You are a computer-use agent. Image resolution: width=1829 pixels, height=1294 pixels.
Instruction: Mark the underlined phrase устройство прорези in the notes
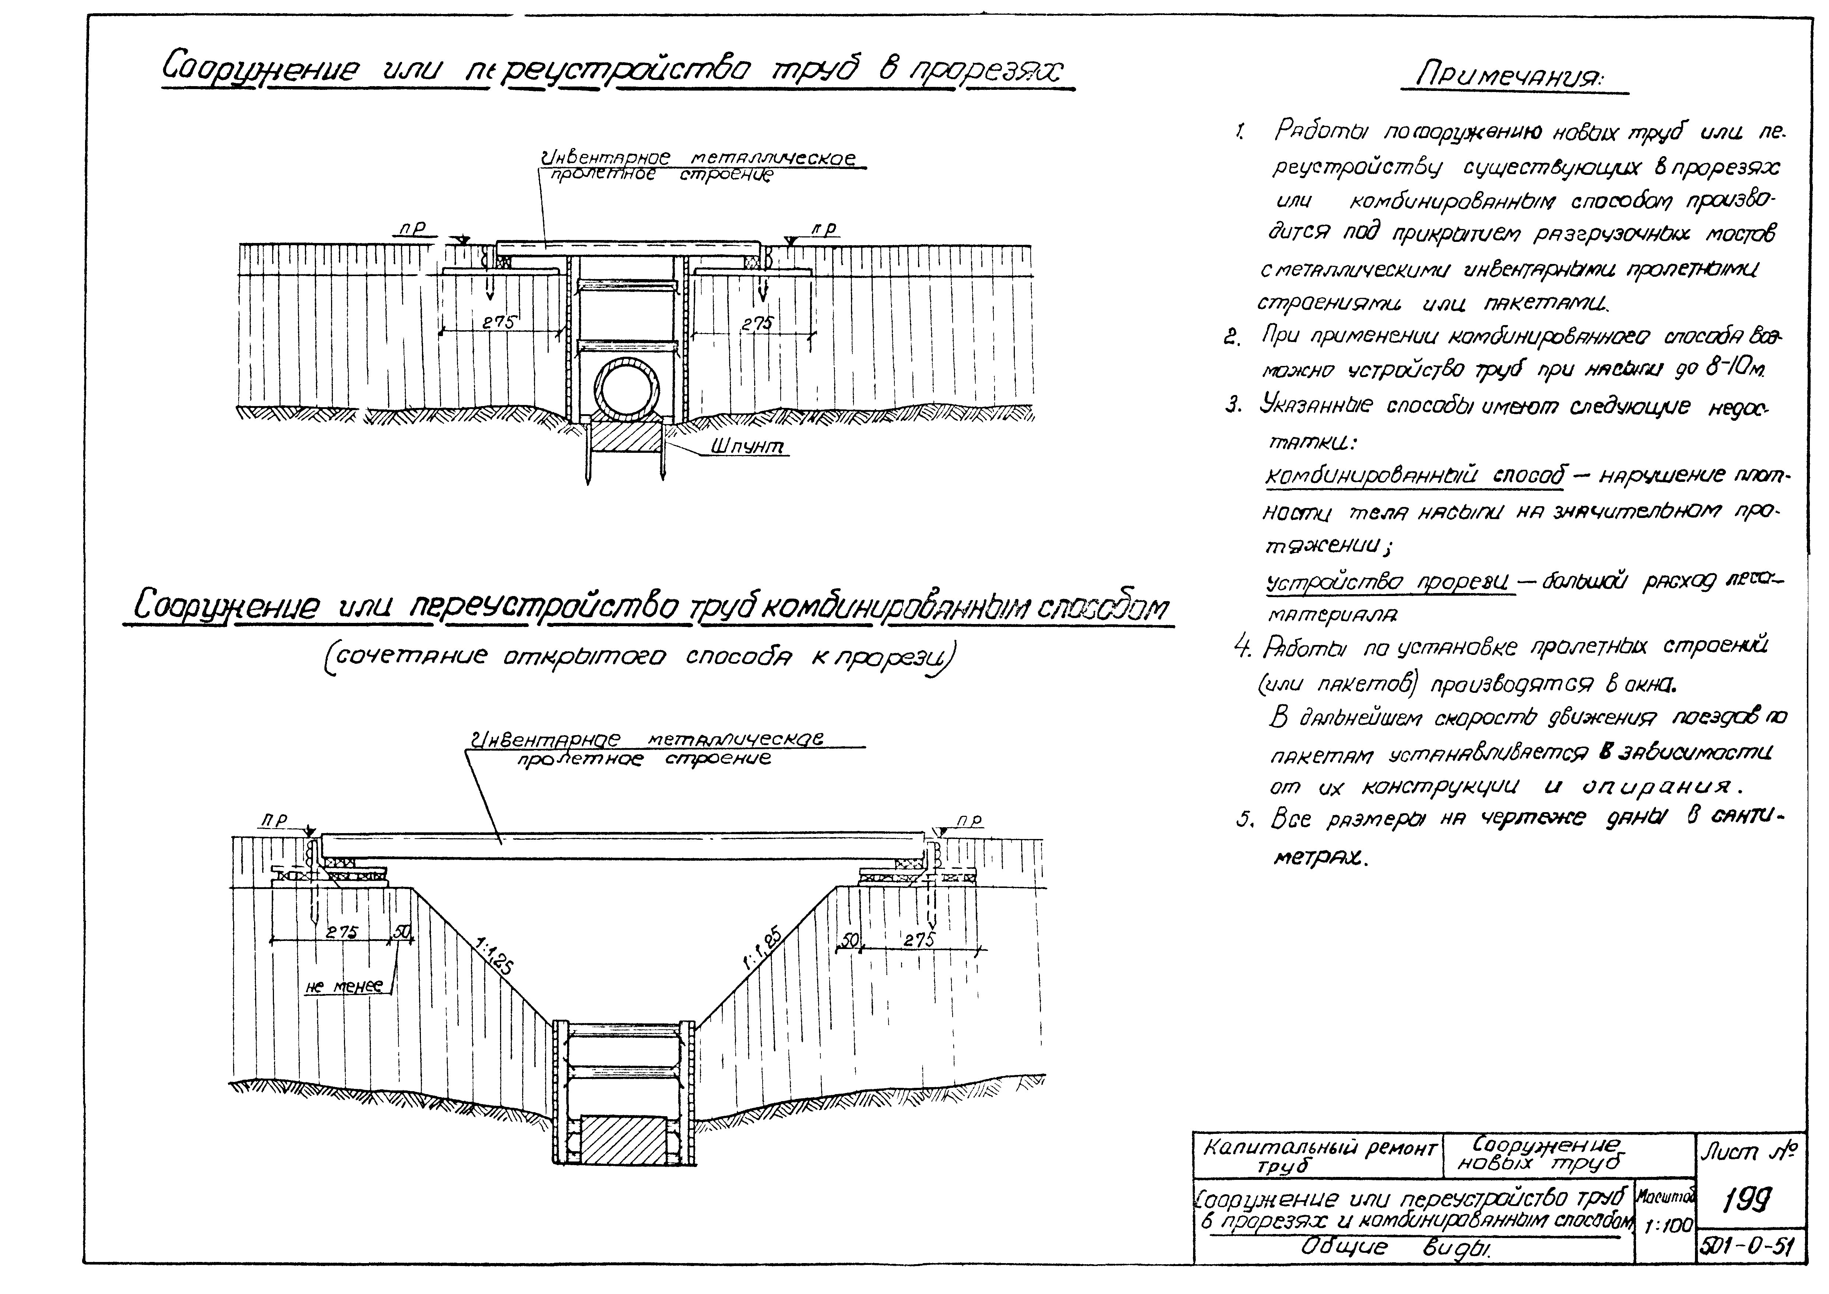[1389, 582]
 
